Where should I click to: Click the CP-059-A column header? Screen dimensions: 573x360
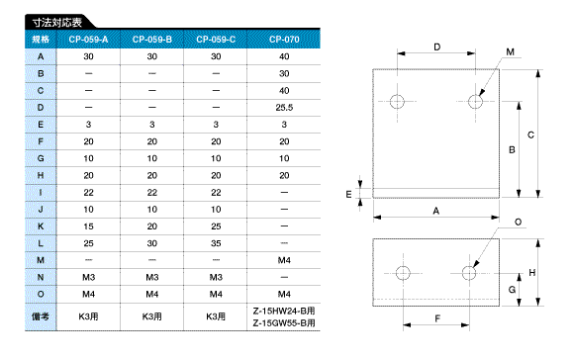(x=88, y=40)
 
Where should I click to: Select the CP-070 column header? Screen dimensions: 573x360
(x=284, y=40)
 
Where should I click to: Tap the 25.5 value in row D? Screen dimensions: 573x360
(x=284, y=108)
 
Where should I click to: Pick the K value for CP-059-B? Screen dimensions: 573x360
(x=152, y=226)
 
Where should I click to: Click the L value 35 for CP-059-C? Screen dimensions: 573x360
(x=216, y=243)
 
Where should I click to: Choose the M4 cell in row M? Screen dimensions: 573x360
(x=284, y=260)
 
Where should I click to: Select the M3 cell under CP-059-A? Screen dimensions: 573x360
(x=88, y=277)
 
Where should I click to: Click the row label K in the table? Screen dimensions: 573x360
(x=41, y=226)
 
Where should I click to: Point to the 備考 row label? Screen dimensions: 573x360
(x=41, y=316)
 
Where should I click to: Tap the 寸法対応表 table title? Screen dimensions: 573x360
(x=57, y=23)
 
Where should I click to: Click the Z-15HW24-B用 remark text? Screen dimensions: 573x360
(x=284, y=312)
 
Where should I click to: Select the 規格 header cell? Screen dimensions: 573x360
(x=41, y=40)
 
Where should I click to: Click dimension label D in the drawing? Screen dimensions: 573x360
(x=437, y=46)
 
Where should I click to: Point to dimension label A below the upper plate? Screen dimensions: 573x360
(x=436, y=211)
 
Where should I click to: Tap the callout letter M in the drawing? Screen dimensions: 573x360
(x=510, y=51)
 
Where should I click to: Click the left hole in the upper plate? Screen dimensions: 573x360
(x=397, y=102)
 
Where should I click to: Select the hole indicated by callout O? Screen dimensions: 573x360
(x=469, y=273)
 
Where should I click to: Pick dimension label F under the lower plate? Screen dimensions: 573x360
(x=437, y=318)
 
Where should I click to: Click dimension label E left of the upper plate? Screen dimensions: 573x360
(x=348, y=194)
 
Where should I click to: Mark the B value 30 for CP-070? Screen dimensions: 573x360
(x=284, y=73)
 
